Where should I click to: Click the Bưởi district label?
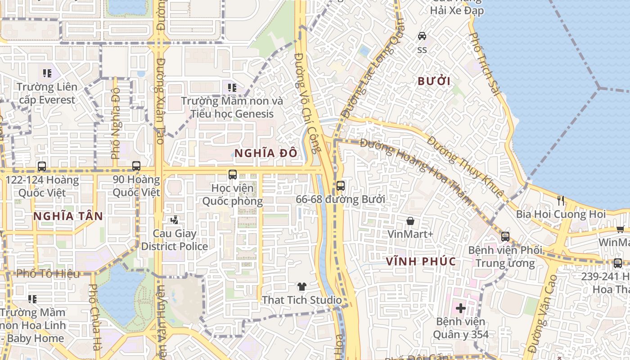(434, 81)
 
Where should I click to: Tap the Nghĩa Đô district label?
(265, 153)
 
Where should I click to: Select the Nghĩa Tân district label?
(68, 216)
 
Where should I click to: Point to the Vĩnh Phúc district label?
(421, 261)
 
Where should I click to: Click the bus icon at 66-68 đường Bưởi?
(341, 185)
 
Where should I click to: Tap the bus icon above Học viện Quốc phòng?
(232, 174)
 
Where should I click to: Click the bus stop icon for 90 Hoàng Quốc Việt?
(136, 166)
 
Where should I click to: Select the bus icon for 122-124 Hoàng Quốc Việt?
(42, 166)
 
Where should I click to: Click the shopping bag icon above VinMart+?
(410, 221)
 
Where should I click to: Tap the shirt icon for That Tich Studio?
(301, 286)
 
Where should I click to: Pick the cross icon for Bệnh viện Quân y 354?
(460, 308)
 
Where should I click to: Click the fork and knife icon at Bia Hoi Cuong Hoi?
(561, 201)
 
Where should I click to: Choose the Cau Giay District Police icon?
(175, 220)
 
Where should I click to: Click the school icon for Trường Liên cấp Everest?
(47, 73)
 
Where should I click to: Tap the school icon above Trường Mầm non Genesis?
(232, 87)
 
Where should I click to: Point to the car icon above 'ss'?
(422, 36)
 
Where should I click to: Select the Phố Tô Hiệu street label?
(48, 274)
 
